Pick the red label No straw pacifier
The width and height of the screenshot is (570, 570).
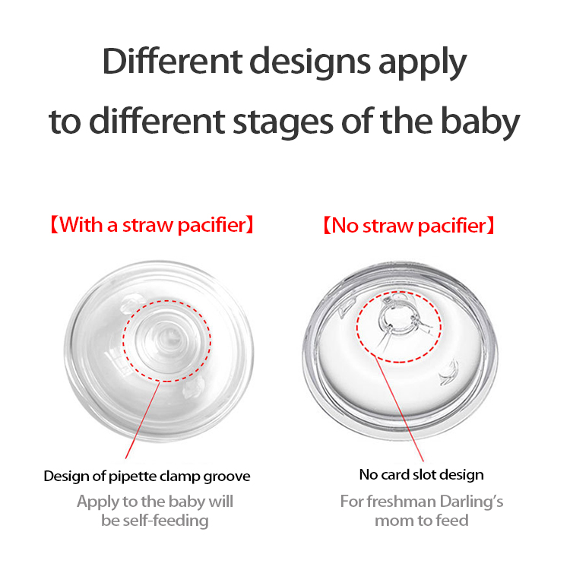tap(407, 225)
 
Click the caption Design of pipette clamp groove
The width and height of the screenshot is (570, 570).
tap(147, 477)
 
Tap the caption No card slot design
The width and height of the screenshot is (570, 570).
tap(421, 475)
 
